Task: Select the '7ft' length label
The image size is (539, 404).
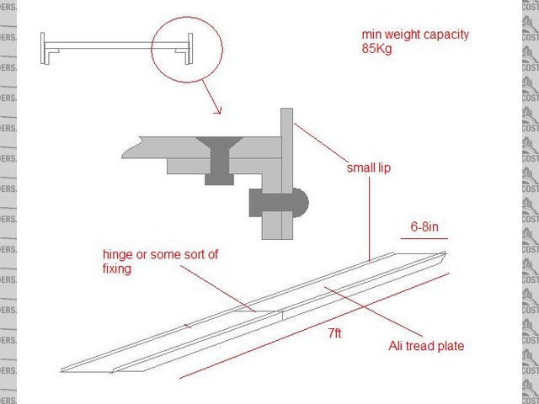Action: pos(334,334)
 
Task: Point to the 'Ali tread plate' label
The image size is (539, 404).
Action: pos(426,345)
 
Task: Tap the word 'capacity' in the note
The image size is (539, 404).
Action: pos(446,35)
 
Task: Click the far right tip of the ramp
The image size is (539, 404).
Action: pos(444,252)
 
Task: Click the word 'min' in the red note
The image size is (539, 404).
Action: pos(371,35)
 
